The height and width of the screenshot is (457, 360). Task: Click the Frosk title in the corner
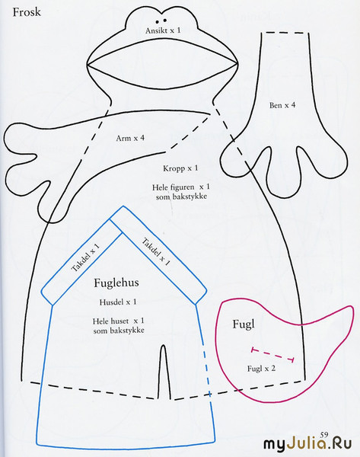tap(27, 12)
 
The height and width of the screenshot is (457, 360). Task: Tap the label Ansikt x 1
tap(163, 30)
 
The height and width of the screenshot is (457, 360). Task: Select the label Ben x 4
tap(282, 105)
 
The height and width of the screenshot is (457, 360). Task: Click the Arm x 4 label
tap(130, 138)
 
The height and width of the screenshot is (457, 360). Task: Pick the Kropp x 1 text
tap(180, 168)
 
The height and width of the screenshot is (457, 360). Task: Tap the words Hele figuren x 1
tap(181, 187)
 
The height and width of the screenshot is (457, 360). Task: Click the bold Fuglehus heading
tap(116, 283)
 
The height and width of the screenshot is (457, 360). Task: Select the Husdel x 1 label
tap(118, 302)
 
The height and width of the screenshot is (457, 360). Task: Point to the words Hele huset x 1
tap(118, 321)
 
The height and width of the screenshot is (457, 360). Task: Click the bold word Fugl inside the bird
tap(244, 324)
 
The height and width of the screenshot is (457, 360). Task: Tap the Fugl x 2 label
tap(261, 369)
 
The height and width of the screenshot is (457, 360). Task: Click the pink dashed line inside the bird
tap(273, 354)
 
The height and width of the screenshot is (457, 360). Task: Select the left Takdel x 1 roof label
tap(86, 257)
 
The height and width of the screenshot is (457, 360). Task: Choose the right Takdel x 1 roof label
tap(156, 252)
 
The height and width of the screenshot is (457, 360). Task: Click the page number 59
tap(324, 435)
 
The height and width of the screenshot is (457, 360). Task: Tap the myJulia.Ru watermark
tap(307, 444)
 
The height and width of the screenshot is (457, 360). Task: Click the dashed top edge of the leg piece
tap(285, 33)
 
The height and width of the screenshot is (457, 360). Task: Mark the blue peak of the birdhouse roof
tap(123, 206)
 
